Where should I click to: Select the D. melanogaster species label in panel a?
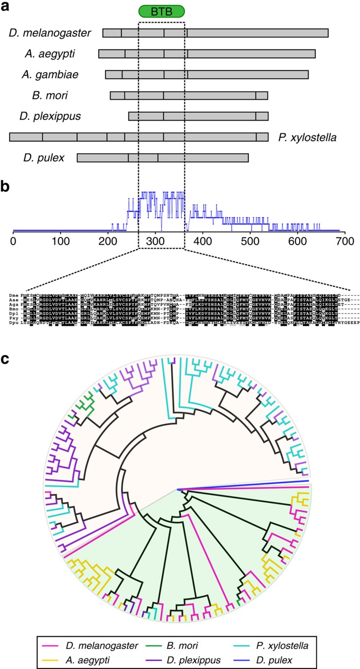point(50,33)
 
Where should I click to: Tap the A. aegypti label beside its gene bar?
point(50,54)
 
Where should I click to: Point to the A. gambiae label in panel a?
point(51,74)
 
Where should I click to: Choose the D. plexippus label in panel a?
point(56,116)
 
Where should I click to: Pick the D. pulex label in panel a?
point(44,158)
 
